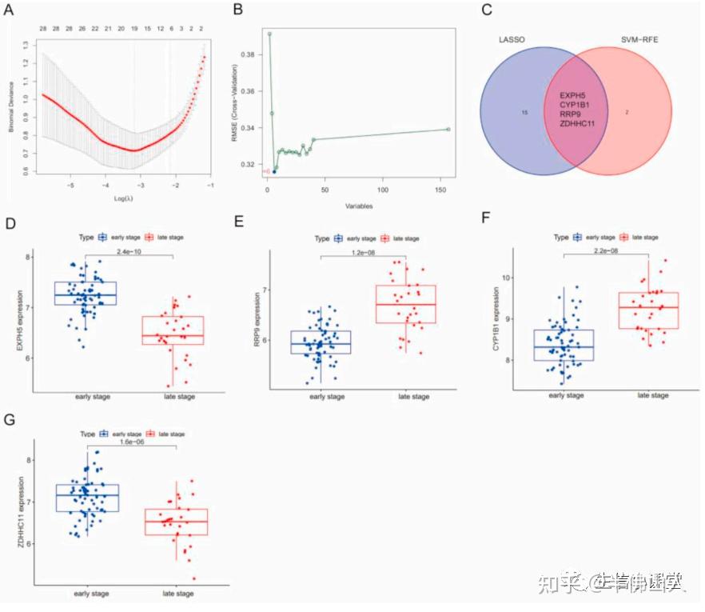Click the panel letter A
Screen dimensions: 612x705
pos(10,10)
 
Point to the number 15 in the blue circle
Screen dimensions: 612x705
pos(524,113)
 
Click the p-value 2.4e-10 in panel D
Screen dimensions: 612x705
pos(129,250)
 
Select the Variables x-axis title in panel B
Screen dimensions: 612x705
pos(359,205)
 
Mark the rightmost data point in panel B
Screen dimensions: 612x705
pos(448,129)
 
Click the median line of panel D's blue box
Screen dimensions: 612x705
pos(86,295)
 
